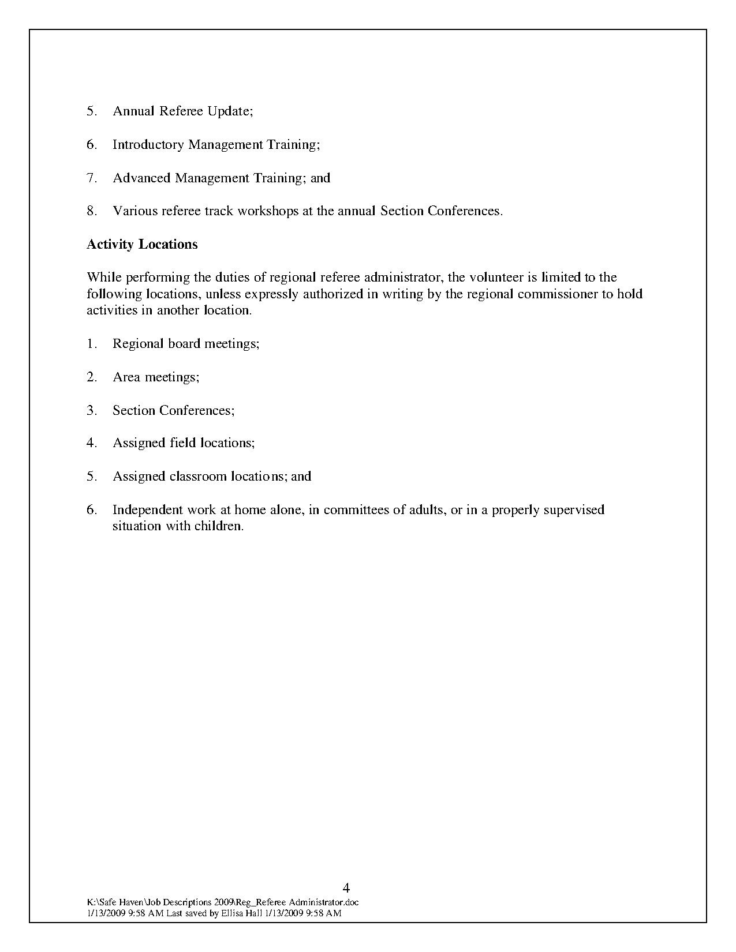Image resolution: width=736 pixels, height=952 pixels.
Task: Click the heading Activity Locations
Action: point(142,244)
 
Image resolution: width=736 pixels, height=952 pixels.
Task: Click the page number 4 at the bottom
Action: point(346,887)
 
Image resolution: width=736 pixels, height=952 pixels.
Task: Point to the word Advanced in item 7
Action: point(141,178)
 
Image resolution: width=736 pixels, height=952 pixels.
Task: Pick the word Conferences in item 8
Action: point(464,211)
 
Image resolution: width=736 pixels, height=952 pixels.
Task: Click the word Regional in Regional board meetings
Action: point(138,344)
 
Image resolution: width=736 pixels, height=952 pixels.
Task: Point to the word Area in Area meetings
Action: point(126,377)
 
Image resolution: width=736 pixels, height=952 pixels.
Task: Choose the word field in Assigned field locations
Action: point(183,443)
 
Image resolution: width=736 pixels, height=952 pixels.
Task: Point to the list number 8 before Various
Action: point(91,211)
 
